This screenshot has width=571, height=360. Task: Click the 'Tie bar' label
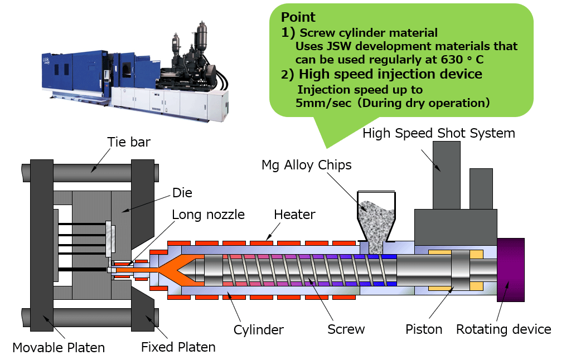pyautogui.click(x=129, y=142)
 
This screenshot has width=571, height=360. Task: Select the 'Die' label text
pyautogui.click(x=182, y=193)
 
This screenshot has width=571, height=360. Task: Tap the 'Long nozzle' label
pyautogui.click(x=208, y=215)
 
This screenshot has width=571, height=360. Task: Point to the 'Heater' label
pyautogui.click(x=294, y=215)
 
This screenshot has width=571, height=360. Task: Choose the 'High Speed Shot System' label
pyautogui.click(x=438, y=133)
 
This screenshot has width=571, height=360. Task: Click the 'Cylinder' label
pyautogui.click(x=258, y=329)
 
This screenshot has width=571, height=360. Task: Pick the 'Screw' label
pyautogui.click(x=346, y=329)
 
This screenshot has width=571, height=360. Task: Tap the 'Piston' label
pyautogui.click(x=423, y=329)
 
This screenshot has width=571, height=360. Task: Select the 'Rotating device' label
pyautogui.click(x=504, y=329)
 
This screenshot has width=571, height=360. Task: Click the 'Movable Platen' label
pyautogui.click(x=59, y=348)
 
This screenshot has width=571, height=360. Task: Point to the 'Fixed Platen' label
pyautogui.click(x=178, y=347)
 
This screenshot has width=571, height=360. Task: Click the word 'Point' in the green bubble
pyautogui.click(x=298, y=17)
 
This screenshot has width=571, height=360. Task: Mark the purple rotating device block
pyautogui.click(x=510, y=270)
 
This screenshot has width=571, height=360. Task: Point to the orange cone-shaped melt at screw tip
pyautogui.click(x=177, y=270)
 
